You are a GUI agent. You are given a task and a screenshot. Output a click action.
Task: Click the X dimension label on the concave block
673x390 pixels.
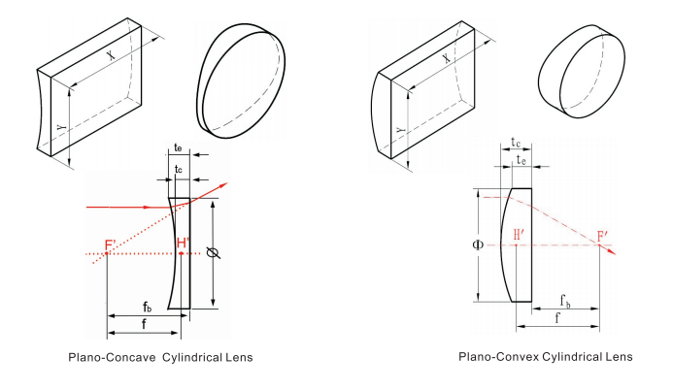(x=110, y=57)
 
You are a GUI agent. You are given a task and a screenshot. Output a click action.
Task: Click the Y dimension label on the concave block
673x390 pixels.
(x=62, y=127)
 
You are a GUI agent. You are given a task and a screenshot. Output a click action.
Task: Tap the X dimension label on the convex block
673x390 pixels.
(x=446, y=59)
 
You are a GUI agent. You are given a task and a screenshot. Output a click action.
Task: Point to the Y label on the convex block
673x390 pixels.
(x=398, y=130)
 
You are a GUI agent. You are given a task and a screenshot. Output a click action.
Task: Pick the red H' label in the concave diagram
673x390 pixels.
(x=182, y=244)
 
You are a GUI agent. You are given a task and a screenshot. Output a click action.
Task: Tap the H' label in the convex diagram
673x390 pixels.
(x=518, y=234)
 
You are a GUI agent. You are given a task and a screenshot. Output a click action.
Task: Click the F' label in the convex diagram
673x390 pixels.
(x=604, y=236)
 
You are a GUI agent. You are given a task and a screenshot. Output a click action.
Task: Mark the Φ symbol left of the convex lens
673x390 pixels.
(x=477, y=244)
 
